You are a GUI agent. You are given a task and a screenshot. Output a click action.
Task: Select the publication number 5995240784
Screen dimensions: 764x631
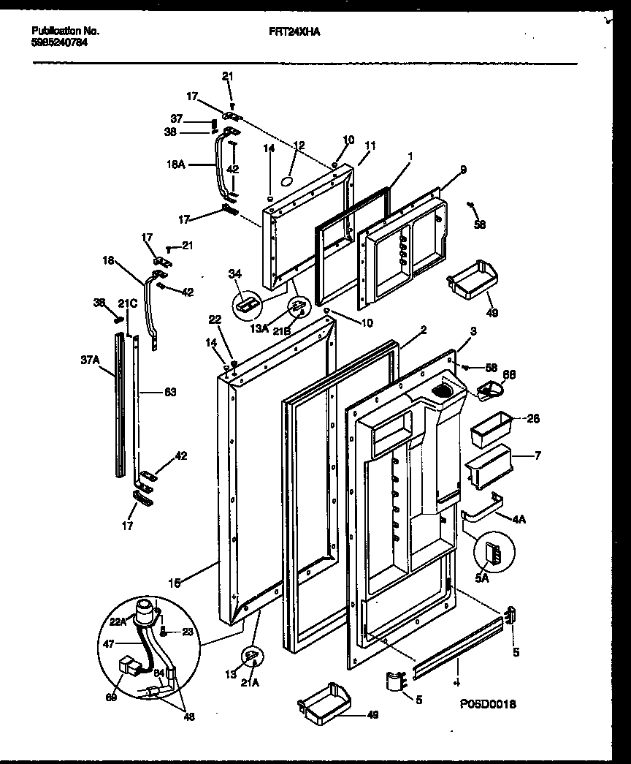[x=61, y=42]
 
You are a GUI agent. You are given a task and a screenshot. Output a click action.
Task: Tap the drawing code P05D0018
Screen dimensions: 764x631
[x=488, y=704]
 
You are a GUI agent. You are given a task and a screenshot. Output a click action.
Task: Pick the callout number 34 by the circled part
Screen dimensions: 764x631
[x=234, y=273]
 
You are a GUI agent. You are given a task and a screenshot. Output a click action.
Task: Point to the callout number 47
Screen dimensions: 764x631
[x=109, y=643]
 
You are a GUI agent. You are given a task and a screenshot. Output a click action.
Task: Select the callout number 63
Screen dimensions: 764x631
[x=169, y=393]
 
